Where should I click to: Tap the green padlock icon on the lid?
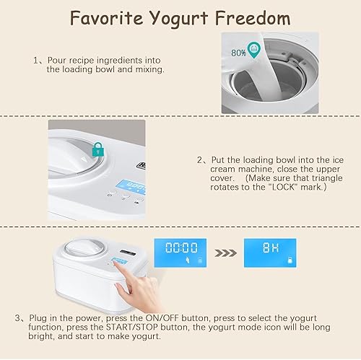[x=97, y=151]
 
